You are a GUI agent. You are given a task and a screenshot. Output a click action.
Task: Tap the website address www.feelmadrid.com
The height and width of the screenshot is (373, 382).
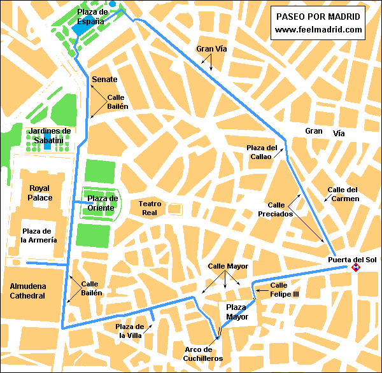point(318,29)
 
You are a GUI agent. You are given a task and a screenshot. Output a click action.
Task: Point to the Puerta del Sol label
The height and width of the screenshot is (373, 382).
point(352,259)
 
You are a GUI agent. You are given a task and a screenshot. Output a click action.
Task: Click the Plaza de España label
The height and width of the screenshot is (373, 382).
point(91,17)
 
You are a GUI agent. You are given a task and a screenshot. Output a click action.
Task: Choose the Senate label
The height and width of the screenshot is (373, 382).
point(104,79)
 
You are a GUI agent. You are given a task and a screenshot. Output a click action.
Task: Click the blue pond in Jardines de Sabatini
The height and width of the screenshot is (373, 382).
point(47,146)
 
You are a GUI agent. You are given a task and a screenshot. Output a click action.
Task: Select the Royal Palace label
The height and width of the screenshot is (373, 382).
point(39,193)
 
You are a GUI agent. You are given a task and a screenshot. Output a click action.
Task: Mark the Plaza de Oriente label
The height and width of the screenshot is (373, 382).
point(101,203)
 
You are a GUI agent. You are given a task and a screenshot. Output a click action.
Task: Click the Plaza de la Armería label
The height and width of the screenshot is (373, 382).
point(39,235)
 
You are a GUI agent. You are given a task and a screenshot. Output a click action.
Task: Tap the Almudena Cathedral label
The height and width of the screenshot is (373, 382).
point(27,291)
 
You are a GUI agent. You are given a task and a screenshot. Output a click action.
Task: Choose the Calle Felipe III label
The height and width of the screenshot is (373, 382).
point(284,290)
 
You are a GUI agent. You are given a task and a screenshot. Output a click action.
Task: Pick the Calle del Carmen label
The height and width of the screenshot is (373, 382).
point(343,194)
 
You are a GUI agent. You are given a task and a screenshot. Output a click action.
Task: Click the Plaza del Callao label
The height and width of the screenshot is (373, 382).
point(262,152)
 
